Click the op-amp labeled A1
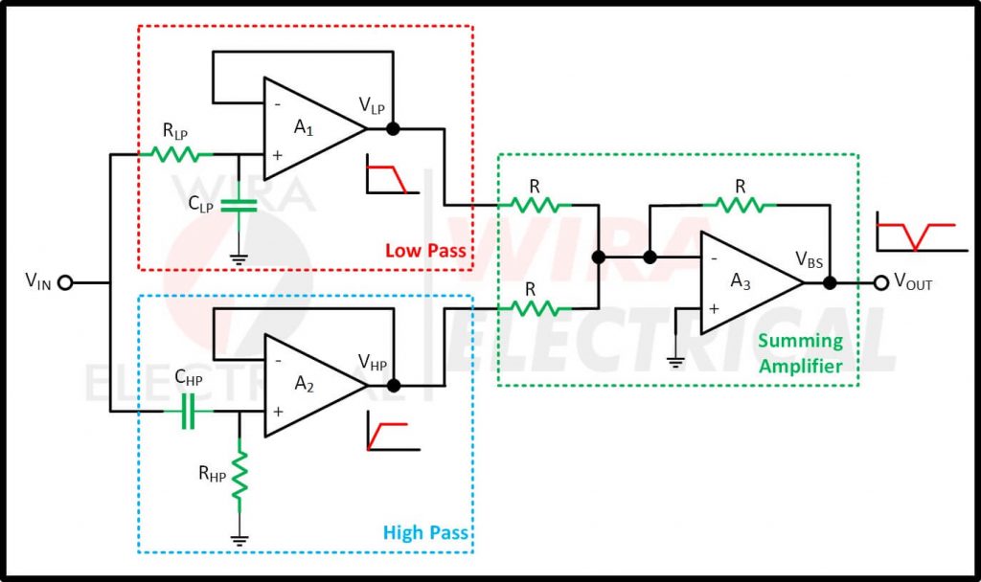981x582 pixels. pos(311,128)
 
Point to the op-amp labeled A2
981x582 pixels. pos(311,387)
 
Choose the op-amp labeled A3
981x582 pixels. pos(747,282)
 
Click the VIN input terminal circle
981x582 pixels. pos(66,282)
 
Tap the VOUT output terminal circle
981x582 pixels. pos(880,282)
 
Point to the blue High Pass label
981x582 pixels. pos(425,532)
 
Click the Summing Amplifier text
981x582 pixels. pos(800,352)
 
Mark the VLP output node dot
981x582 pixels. pos(391,128)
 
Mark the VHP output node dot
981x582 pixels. pos(392,387)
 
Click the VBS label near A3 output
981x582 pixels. pos(811,259)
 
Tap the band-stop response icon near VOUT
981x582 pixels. pos(915,234)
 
